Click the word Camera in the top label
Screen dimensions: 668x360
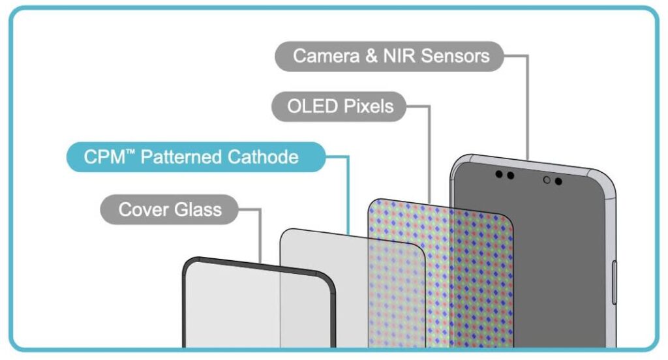(326, 56)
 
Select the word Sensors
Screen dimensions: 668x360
(455, 56)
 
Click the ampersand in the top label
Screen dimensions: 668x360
(371, 56)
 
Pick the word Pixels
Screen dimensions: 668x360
(369, 106)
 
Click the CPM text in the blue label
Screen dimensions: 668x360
(104, 157)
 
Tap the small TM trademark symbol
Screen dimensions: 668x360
(130, 152)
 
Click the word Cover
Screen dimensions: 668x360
(144, 209)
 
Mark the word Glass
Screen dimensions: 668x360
(198, 209)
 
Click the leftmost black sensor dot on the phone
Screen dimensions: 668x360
(499, 174)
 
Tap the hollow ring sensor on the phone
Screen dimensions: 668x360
(547, 180)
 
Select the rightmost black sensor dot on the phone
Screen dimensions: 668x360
(558, 181)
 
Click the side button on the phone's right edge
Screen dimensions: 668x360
(614, 283)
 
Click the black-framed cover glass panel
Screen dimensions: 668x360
(259, 305)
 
